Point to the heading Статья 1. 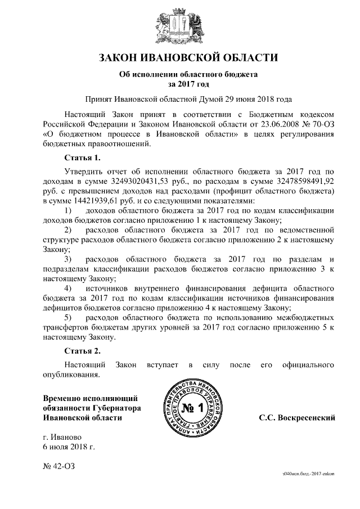83,157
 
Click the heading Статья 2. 83,352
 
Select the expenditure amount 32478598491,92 298,182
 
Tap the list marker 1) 69,210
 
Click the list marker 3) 69,259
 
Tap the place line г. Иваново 63,437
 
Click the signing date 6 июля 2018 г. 69,447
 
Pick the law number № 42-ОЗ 58,466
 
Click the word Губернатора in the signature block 115,408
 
